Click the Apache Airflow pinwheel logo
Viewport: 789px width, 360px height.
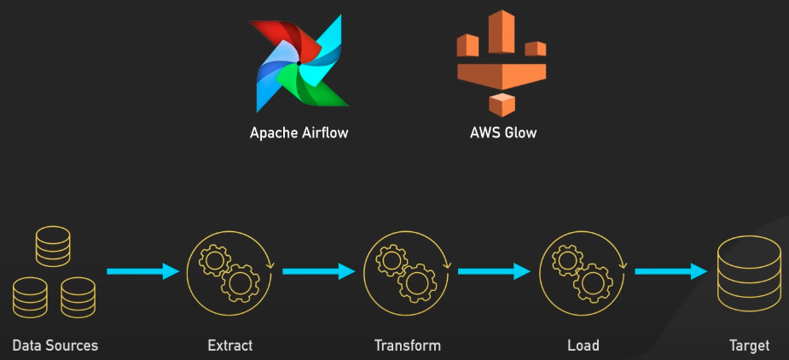click(x=299, y=65)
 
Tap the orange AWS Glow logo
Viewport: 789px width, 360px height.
click(x=502, y=63)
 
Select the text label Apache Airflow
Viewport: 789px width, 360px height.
click(x=299, y=133)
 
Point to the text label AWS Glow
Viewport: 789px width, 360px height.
click(x=502, y=133)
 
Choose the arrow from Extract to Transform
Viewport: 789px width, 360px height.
click(x=318, y=271)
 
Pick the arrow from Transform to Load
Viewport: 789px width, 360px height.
click(x=494, y=271)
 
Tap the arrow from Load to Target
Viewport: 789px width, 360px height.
click(x=670, y=271)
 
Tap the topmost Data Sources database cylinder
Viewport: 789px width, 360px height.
click(x=52, y=245)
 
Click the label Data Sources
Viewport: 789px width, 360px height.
click(x=55, y=345)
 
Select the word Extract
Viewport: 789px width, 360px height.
click(x=230, y=345)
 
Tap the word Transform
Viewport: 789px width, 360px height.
click(x=407, y=345)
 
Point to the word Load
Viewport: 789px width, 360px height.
click(x=583, y=345)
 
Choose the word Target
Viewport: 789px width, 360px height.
click(x=749, y=345)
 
